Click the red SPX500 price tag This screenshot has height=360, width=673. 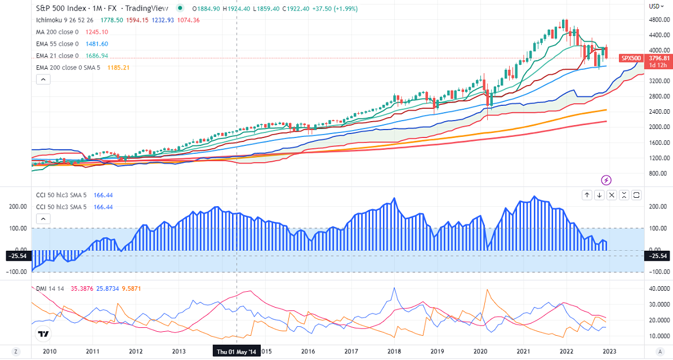[631, 58]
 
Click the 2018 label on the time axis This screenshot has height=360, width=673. [394, 352]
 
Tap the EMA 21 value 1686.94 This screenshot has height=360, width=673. [97, 56]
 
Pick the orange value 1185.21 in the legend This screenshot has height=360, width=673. [118, 68]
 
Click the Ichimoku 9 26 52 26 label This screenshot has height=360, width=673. [63, 20]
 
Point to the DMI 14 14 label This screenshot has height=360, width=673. [48, 288]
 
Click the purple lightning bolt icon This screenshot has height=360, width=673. [607, 180]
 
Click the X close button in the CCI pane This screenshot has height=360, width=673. [624, 195]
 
